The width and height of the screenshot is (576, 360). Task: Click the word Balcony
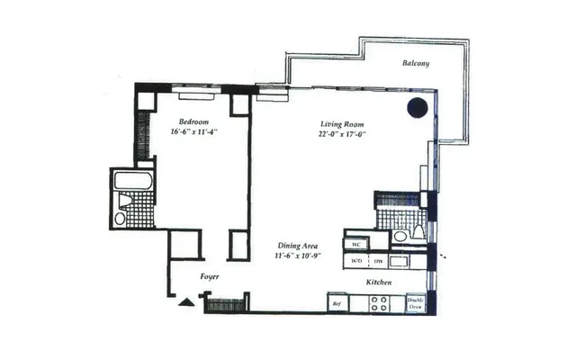pos(416,63)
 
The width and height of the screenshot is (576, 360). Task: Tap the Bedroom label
pos(193,121)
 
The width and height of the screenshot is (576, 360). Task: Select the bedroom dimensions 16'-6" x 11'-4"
pos(193,131)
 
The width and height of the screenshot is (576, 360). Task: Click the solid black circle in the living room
pos(416,108)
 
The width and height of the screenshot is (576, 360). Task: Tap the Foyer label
pos(210,277)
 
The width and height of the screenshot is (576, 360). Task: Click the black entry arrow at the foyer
pos(185,302)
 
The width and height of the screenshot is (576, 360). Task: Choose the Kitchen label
pos(379,283)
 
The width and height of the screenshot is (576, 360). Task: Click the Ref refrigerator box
pos(337,304)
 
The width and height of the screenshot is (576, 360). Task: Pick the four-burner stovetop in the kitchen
pos(379,304)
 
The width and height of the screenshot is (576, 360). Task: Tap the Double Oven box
pos(415,303)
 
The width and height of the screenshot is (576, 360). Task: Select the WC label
pos(356,244)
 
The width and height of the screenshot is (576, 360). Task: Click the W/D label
pos(357,262)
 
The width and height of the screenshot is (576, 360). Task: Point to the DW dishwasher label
pos(379,262)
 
